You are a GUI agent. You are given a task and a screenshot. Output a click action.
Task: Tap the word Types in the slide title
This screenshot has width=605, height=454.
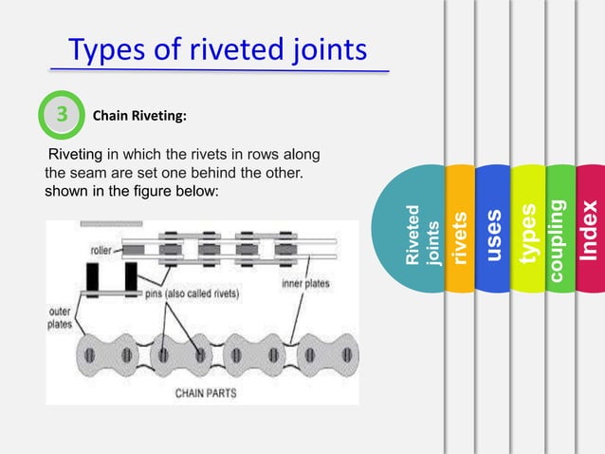(x=104, y=48)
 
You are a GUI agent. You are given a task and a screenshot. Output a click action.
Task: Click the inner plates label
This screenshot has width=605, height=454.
(x=305, y=281)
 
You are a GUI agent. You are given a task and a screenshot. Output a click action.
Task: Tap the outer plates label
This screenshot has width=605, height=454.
(x=59, y=316)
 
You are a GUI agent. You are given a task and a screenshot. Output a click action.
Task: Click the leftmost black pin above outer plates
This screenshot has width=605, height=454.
(x=93, y=278)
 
